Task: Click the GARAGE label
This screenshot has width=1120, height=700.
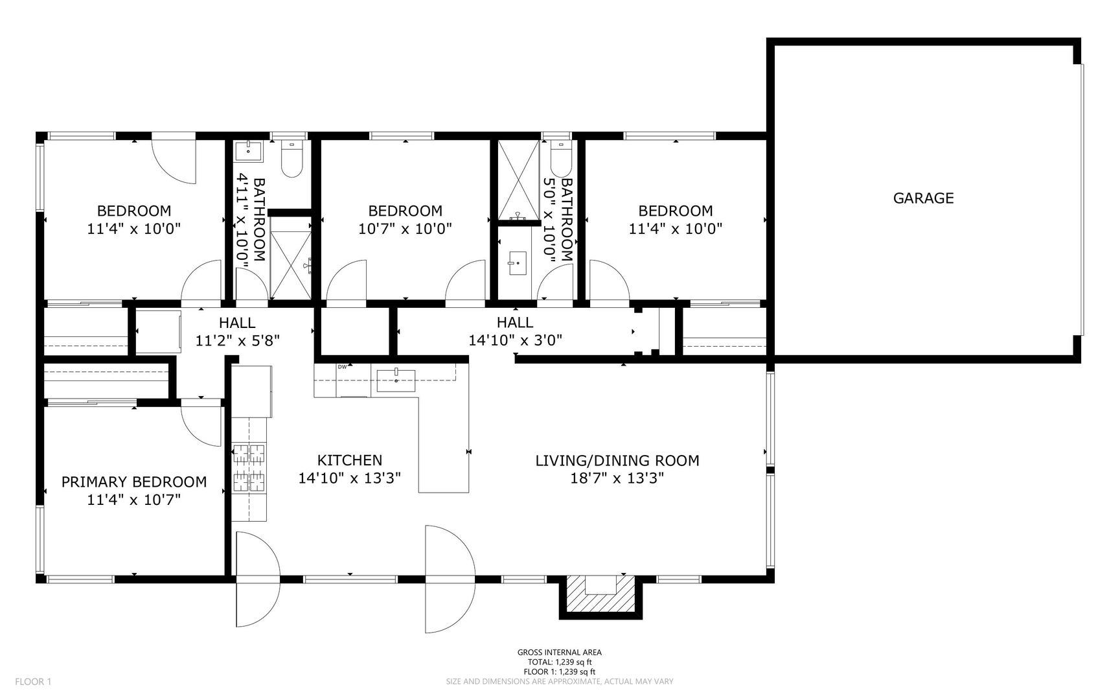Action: click(x=923, y=198)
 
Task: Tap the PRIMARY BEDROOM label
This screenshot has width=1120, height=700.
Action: click(x=134, y=482)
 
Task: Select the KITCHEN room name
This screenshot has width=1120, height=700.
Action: click(x=350, y=460)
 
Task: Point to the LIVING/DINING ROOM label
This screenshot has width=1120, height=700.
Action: click(x=617, y=461)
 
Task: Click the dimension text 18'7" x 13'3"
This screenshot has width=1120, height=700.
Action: click(x=617, y=478)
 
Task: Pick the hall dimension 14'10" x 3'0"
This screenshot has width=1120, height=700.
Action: click(x=515, y=340)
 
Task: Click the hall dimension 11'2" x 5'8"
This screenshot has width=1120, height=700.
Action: click(x=237, y=340)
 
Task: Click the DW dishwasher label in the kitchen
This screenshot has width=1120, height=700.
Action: click(x=341, y=367)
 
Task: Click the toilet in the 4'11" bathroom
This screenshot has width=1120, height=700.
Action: click(x=292, y=159)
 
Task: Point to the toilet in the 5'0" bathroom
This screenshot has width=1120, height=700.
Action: click(x=559, y=156)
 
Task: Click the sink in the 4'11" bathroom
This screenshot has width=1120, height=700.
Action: click(x=249, y=151)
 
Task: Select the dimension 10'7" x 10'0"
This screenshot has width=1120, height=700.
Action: click(x=405, y=229)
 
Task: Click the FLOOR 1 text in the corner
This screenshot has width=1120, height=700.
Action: click(x=33, y=681)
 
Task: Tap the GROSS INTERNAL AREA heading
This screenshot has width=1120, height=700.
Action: click(x=560, y=653)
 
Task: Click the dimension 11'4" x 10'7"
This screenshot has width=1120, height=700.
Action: click(x=134, y=500)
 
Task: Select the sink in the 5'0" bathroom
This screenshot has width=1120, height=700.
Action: click(x=518, y=263)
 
